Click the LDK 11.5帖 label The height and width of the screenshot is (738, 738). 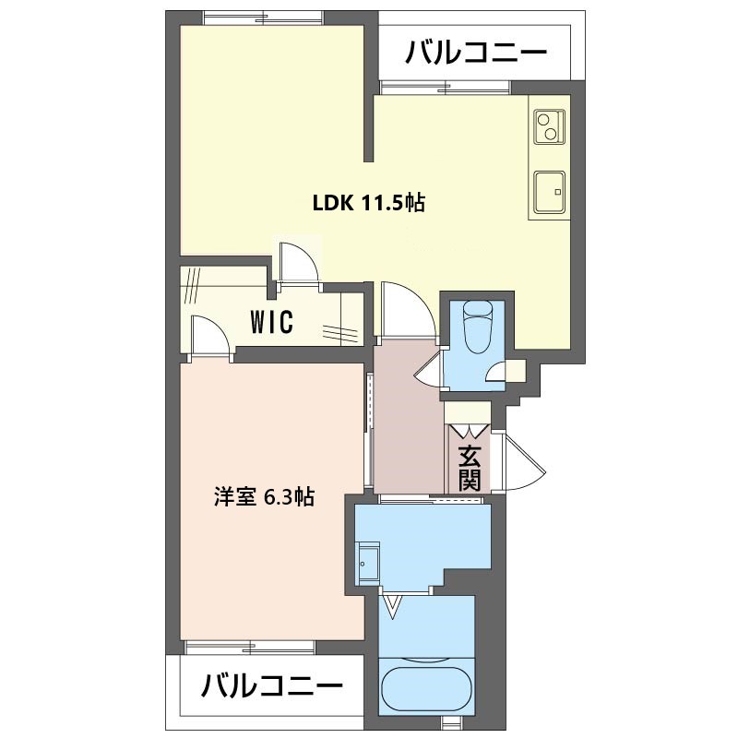pyautogui.click(x=369, y=203)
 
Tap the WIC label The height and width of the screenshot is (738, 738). pyautogui.click(x=271, y=322)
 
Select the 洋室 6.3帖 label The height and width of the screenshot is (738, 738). pyautogui.click(x=264, y=497)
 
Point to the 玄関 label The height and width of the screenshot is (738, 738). pyautogui.click(x=470, y=468)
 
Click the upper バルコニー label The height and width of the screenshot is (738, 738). pyautogui.click(x=476, y=53)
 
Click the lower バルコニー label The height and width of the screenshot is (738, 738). pyautogui.click(x=271, y=686)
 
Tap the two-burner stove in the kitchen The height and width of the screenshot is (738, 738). pyautogui.click(x=549, y=127)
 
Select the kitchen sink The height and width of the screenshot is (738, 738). pyautogui.click(x=549, y=193)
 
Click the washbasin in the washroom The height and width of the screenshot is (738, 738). pyautogui.click(x=367, y=563)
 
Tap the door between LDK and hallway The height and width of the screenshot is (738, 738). pyautogui.click(x=408, y=310)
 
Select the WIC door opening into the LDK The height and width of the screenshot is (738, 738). pyautogui.click(x=297, y=263)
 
